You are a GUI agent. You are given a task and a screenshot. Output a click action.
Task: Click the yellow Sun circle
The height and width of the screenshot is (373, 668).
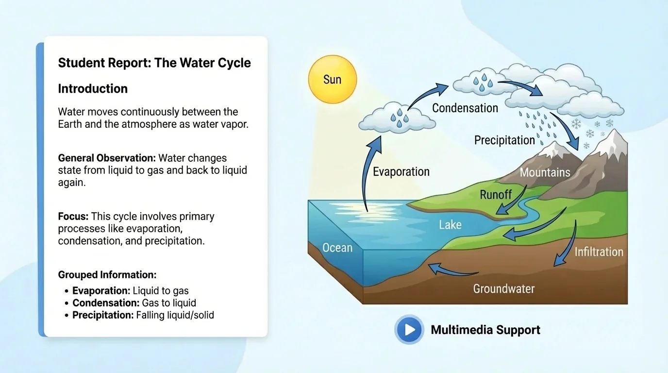pos(333,79)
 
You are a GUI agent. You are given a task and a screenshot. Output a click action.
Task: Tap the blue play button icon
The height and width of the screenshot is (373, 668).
pos(409,330)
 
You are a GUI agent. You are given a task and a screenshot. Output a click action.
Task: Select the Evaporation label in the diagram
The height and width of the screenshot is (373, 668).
pos(401,171)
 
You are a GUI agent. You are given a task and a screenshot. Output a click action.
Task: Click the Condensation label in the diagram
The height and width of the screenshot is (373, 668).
pos(465,108)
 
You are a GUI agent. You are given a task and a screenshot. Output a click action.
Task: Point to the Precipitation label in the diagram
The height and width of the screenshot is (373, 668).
pos(504,140)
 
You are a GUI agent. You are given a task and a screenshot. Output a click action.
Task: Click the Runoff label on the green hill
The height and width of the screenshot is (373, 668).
pos(496,195)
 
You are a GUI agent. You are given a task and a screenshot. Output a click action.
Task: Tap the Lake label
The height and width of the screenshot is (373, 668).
pos(450,225)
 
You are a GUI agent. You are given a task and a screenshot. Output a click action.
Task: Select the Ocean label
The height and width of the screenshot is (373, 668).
pos(337,248)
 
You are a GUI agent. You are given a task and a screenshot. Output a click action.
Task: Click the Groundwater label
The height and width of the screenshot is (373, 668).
pos(503,289)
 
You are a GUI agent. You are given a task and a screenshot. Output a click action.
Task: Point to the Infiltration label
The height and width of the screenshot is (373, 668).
pos(599,252)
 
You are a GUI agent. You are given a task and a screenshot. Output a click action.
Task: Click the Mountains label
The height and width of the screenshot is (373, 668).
pos(545,172)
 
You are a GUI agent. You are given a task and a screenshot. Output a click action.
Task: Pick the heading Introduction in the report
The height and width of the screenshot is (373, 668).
pos(93,89)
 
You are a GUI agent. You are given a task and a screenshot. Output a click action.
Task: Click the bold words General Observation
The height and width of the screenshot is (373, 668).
pos(107,158)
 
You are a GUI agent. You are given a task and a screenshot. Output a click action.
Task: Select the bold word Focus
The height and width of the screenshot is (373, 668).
pos(73,216)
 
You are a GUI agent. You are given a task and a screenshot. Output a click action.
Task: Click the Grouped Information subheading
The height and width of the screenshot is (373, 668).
pos(107,275)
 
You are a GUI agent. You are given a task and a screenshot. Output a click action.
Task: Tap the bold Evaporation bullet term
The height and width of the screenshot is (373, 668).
pos(101,291)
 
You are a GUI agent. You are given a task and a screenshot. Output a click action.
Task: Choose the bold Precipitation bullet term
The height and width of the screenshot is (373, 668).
pos(103,315)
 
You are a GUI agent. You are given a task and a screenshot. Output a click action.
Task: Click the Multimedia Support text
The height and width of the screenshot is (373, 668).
pos(485,330)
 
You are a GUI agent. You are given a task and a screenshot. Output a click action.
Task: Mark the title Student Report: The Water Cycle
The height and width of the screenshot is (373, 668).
pos(154,63)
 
